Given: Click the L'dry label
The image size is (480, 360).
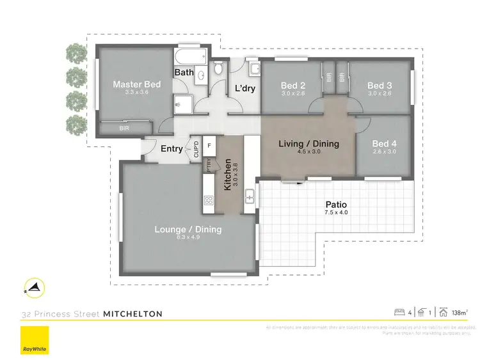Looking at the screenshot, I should [245, 88].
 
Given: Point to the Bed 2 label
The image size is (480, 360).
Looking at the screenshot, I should [292, 85].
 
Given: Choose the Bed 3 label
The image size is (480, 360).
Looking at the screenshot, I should [380, 85].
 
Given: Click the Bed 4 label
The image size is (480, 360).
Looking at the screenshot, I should [385, 144].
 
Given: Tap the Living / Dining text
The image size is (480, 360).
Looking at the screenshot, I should [308, 144].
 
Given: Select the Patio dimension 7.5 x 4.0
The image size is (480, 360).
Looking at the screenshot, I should [335, 212].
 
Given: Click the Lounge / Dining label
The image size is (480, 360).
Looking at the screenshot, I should [188, 229].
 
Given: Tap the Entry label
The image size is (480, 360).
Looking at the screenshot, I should [171, 149].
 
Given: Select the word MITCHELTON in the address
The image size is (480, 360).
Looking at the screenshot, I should [132, 313].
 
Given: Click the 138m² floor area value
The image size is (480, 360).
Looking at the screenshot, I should [458, 313].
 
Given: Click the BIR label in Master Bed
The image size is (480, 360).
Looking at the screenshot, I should [123, 128].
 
